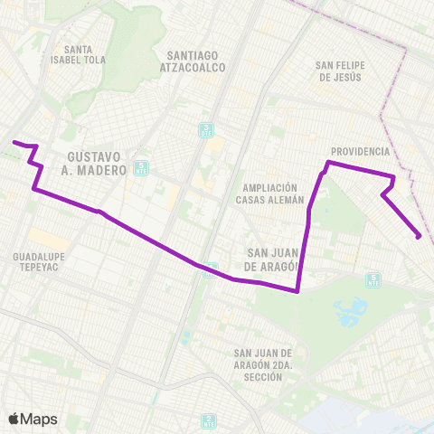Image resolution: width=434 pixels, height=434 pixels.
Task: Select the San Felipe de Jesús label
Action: click(339, 71)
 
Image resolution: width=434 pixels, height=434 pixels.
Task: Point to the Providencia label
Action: click(360, 151)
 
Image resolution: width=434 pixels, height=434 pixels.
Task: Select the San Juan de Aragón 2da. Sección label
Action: click(263, 364)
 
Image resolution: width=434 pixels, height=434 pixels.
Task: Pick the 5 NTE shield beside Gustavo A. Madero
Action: click(140, 167)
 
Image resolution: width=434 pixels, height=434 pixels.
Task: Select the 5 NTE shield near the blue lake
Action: click(373, 278)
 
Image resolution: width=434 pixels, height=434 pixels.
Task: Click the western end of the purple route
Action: click(14, 142)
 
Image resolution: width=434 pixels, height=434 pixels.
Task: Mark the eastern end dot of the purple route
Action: click(419, 237)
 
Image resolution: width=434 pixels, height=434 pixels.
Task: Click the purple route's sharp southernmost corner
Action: click(298, 291)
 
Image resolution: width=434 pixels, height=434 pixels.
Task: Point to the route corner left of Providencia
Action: click(327, 163)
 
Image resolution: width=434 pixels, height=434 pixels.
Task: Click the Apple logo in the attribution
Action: click(13, 419)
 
